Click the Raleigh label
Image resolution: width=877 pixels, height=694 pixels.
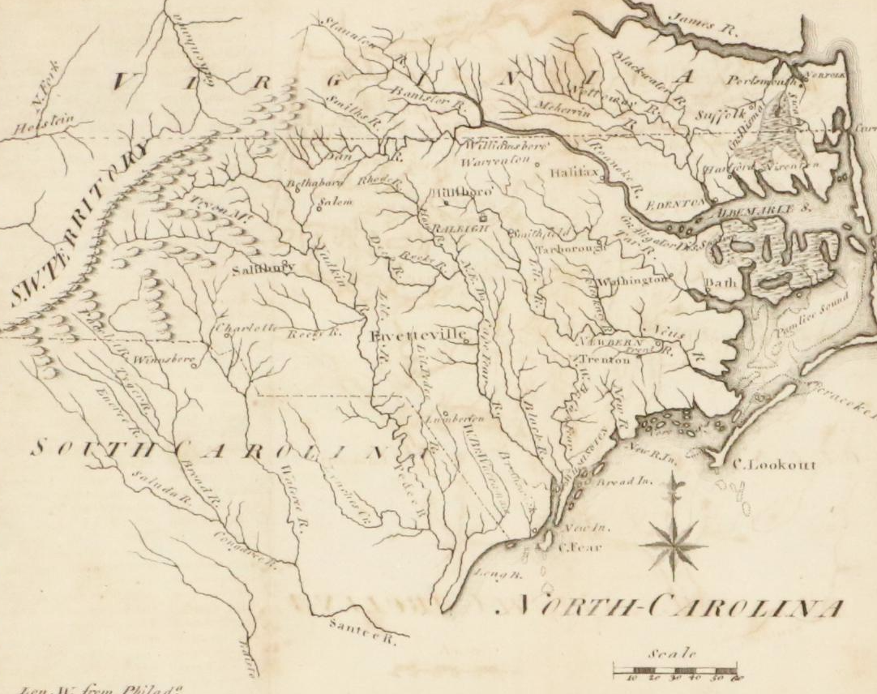456,229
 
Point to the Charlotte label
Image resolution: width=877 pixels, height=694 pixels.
241,328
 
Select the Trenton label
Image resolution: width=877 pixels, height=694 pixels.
604,360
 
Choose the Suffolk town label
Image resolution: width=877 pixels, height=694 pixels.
720,117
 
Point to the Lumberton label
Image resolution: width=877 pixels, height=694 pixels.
455,419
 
